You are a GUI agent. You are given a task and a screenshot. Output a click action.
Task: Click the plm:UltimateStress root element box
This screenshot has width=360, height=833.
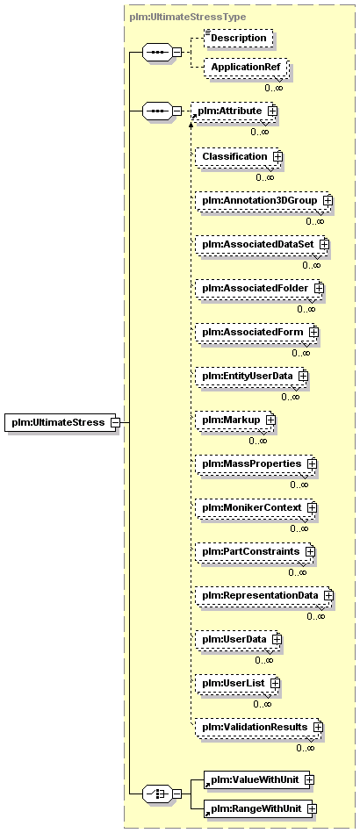point(62,422)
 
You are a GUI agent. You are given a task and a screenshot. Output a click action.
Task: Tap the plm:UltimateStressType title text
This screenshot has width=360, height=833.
point(188,17)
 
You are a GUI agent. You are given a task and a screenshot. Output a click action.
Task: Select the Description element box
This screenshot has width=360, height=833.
point(239,39)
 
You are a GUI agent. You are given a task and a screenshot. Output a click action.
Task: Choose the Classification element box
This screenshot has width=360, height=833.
point(237,157)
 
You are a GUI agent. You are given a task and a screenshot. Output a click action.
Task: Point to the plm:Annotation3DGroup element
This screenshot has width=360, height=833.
point(263,201)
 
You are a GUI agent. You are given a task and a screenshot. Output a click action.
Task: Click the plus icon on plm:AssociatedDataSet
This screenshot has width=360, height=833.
point(324,244)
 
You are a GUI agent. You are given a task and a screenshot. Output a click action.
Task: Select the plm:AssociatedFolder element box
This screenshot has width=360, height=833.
point(258,288)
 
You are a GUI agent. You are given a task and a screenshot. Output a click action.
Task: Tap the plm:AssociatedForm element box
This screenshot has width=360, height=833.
point(256,332)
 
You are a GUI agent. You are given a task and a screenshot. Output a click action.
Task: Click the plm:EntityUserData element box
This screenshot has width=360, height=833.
point(250,376)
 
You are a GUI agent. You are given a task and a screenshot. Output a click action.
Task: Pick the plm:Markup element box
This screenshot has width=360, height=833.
point(234,420)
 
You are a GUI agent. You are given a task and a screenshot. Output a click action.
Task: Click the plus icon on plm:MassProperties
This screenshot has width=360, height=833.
point(312,463)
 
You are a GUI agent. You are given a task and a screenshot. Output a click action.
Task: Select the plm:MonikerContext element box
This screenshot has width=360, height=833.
point(255,507)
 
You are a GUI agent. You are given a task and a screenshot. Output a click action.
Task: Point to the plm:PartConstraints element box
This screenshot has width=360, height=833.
point(254,551)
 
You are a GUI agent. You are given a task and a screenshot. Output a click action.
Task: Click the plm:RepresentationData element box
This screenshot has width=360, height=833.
point(263,595)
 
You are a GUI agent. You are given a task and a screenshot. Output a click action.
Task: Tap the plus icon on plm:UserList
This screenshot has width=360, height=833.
point(274,683)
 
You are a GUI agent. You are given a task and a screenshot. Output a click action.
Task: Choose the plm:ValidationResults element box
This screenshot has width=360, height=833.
point(258,726)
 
